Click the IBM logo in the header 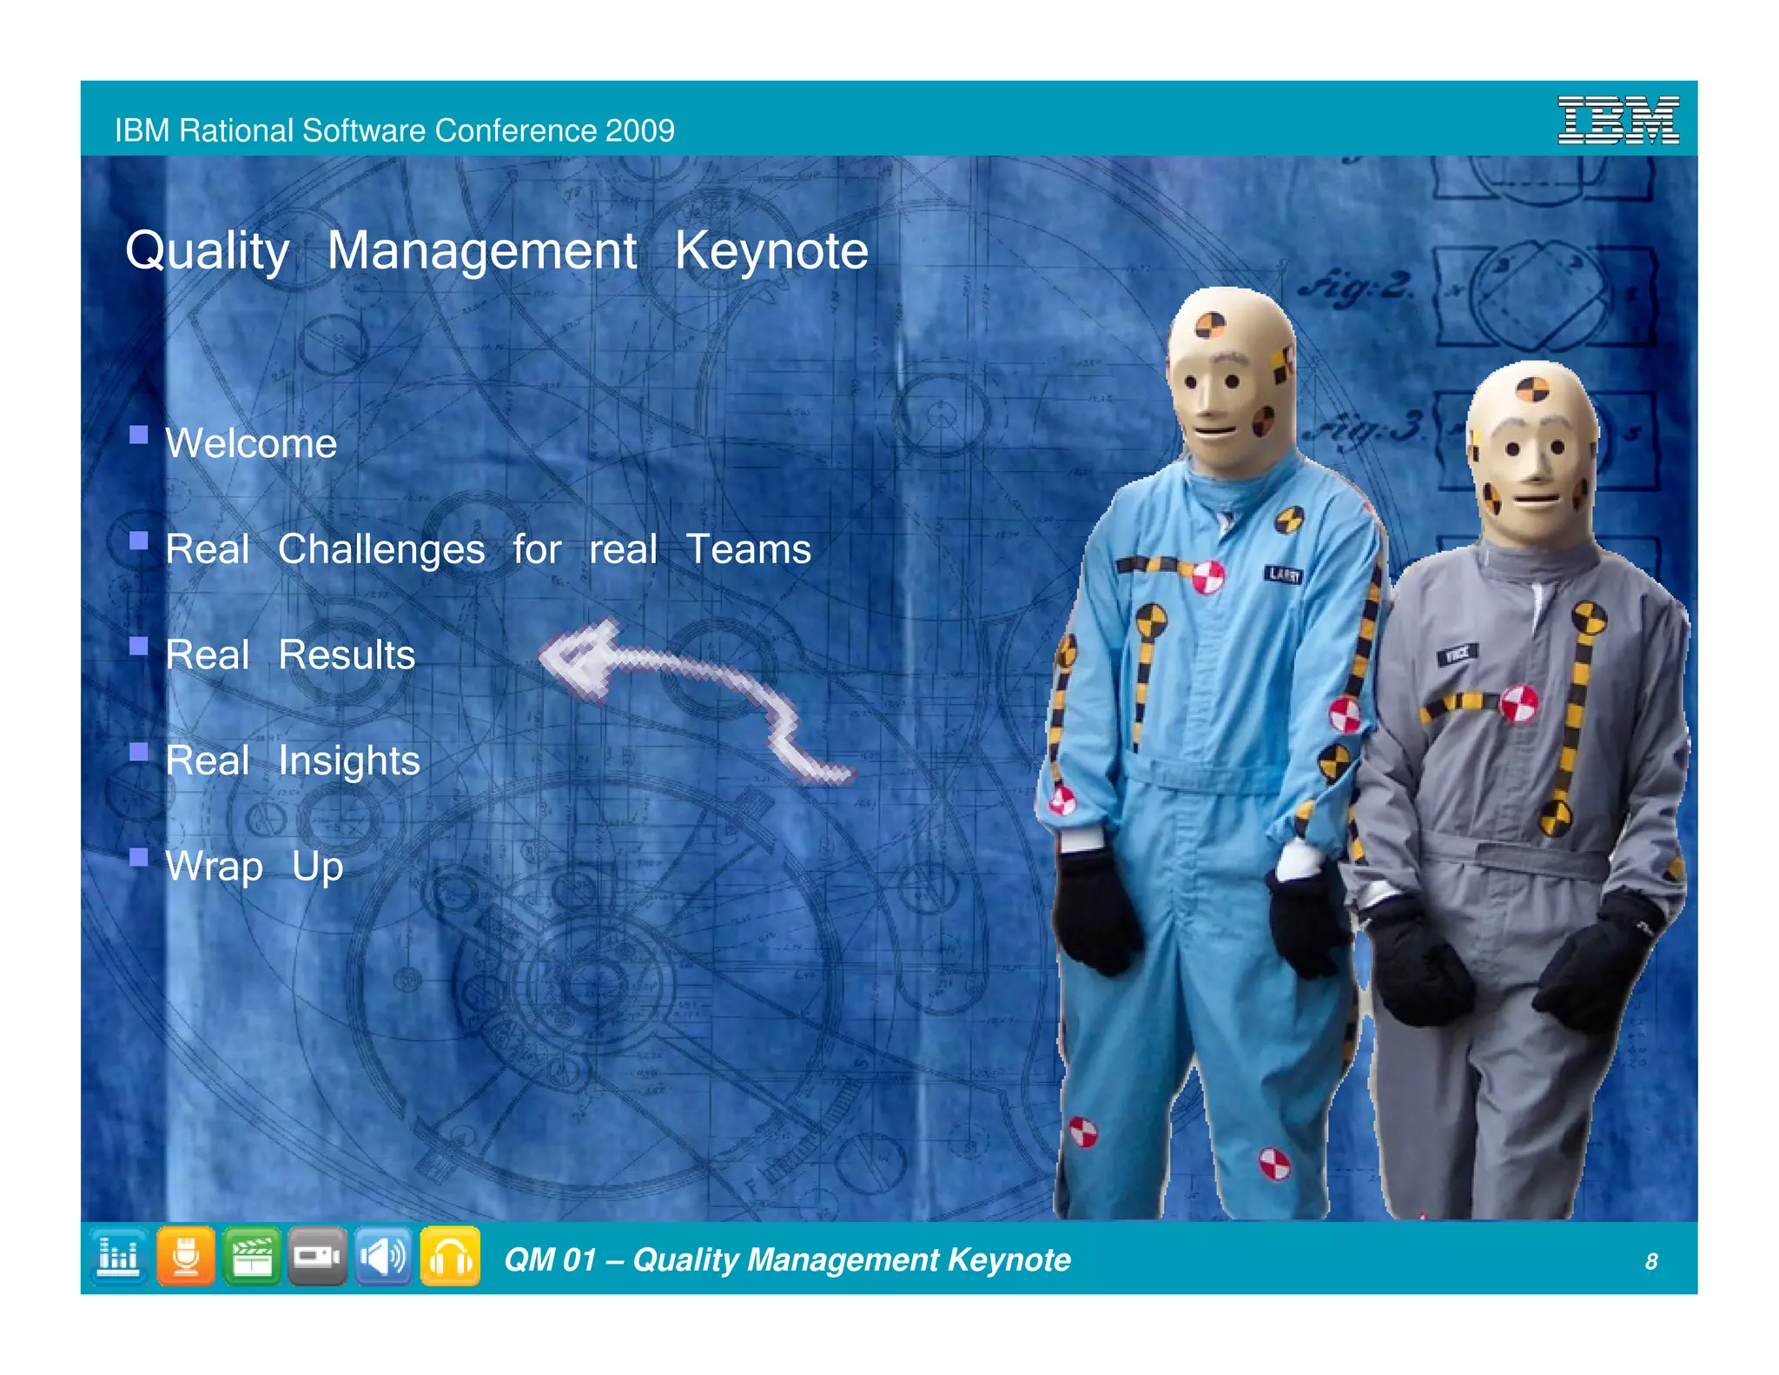[x=1617, y=120]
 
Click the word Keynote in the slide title [x=771, y=251]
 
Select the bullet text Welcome [x=251, y=443]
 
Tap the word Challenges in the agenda [x=381, y=550]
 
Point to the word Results [x=347, y=655]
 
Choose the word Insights [x=349, y=761]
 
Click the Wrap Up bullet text [x=255, y=867]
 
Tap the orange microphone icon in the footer [x=186, y=1256]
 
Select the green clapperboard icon [x=252, y=1256]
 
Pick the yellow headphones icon [x=450, y=1256]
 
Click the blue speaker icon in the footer [x=383, y=1256]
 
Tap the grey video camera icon [x=317, y=1256]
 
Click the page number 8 [x=1650, y=1261]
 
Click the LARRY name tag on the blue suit [x=1283, y=574]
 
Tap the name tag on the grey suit [x=1458, y=654]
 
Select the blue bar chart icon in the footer [x=119, y=1256]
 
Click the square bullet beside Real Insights [x=138, y=751]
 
